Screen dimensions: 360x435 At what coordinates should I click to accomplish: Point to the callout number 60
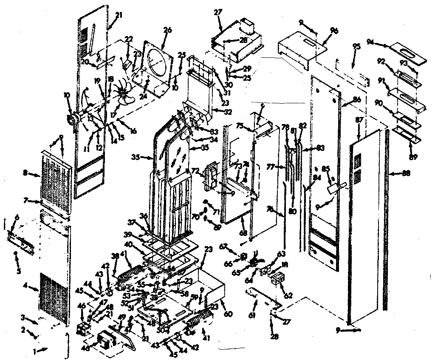(x=228, y=314)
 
